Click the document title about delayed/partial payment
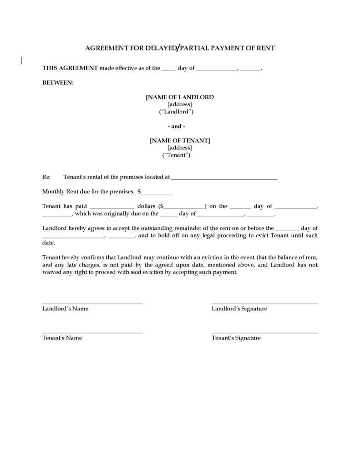click(x=180, y=48)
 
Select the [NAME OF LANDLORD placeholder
click(x=180, y=97)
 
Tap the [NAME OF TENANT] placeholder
click(x=180, y=141)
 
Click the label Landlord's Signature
click(x=239, y=309)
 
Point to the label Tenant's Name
click(x=62, y=338)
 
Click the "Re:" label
click(x=46, y=177)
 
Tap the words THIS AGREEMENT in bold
click(x=70, y=68)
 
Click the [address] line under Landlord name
click(x=180, y=104)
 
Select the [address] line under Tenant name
click(x=180, y=148)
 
